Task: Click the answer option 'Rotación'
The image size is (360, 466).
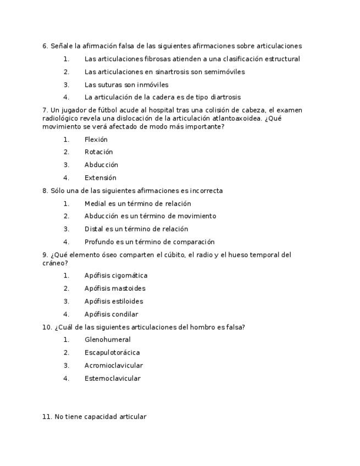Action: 98,152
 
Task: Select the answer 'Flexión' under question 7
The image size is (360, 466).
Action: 96,140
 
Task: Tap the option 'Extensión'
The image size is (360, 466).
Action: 101,178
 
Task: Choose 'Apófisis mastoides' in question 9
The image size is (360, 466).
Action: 115,289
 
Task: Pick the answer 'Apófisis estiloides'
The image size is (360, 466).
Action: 114,302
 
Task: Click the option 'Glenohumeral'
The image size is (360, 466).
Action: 108,340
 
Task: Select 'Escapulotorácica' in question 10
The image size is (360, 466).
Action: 112,353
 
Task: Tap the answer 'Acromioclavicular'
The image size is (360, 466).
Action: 114,365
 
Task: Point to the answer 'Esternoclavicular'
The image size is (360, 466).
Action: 113,379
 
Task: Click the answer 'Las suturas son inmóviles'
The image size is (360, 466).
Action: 126,85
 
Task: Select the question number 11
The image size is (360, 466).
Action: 47,417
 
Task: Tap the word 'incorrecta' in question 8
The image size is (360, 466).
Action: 206,191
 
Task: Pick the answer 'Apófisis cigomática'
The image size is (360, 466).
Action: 116,276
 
